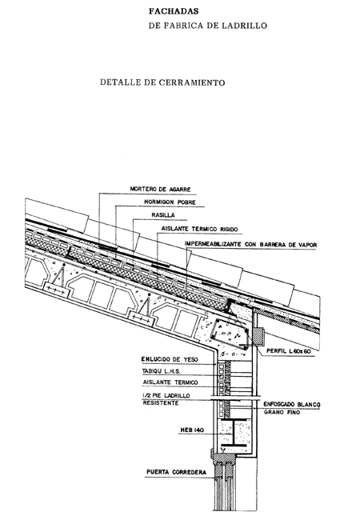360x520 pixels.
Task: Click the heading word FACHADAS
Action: [174, 11]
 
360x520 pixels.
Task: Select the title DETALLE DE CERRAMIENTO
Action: [162, 82]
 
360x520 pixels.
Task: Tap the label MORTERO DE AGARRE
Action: [161, 189]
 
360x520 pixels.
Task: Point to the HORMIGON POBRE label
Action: [170, 202]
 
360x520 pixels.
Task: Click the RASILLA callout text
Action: [163, 215]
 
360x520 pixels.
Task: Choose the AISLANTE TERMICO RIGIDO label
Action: [199, 229]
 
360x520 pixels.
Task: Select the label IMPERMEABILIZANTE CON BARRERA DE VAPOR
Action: [250, 245]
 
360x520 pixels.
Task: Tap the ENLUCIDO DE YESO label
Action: [170, 359]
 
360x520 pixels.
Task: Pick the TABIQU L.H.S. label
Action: [161, 371]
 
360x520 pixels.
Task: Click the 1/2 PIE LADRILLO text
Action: [166, 396]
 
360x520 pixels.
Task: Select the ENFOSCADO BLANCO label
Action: [292, 405]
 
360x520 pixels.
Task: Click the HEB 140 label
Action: [192, 430]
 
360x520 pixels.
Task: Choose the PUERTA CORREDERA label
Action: [176, 472]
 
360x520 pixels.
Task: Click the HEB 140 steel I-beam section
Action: [234, 433]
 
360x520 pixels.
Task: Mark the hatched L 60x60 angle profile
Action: [258, 336]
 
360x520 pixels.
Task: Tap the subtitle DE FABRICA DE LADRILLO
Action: [208, 26]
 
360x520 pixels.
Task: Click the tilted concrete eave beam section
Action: [230, 334]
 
